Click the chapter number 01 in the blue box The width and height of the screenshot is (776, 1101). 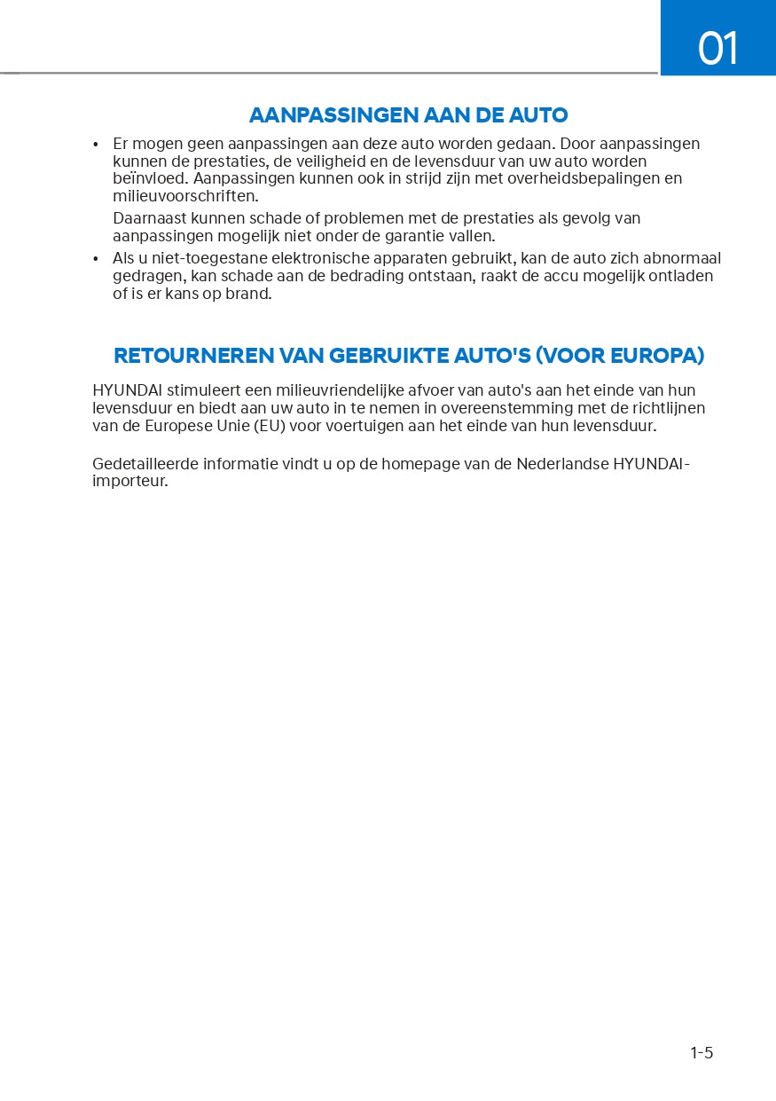click(717, 48)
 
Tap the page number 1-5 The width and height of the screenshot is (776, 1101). click(702, 1053)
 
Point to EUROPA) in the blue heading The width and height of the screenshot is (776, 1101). click(659, 356)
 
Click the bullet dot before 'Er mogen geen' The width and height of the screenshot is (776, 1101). click(96, 145)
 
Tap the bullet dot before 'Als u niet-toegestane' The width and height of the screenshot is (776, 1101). click(96, 259)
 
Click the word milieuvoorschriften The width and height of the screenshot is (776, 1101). click(184, 196)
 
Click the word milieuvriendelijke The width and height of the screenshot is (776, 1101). click(352, 390)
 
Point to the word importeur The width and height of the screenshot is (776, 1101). click(129, 482)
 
